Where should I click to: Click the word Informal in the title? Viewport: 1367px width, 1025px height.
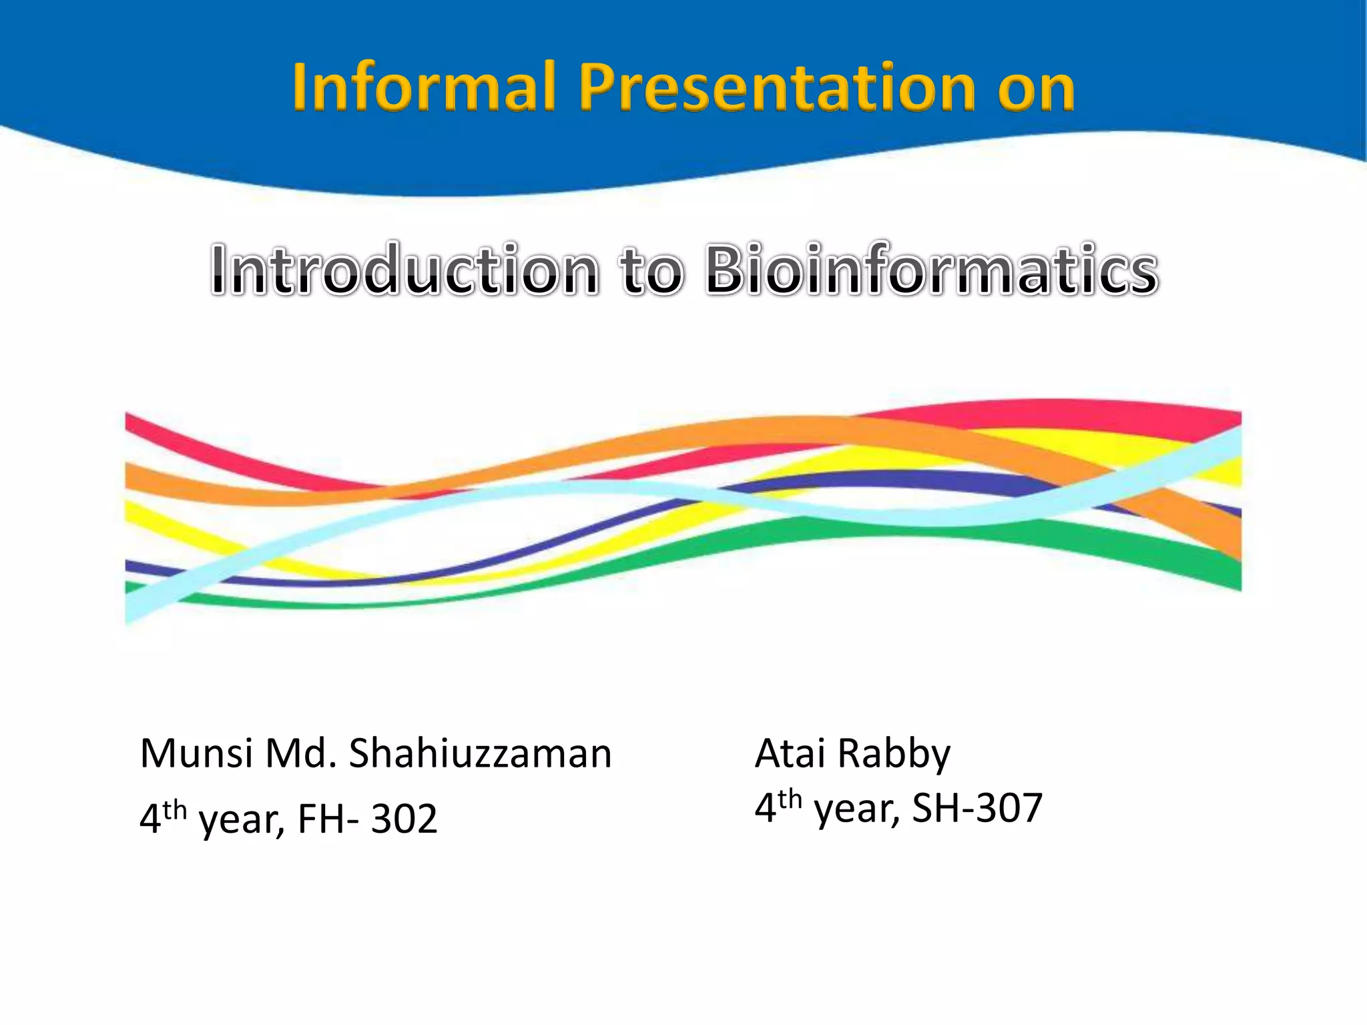click(x=423, y=87)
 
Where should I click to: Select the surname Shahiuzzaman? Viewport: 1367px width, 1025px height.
click(x=480, y=754)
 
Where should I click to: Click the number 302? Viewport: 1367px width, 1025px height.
click(x=404, y=819)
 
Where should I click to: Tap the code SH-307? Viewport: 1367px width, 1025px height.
click(x=977, y=808)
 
